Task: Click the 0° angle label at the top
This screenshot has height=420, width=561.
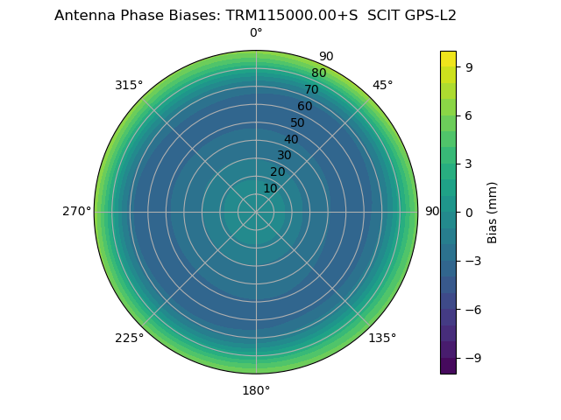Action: pos(256,33)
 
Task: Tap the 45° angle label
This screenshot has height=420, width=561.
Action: pos(382,85)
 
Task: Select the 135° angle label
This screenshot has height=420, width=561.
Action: pos(382,338)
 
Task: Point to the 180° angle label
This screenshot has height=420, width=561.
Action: pos(256,390)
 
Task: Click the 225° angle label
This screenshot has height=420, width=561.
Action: pos(129,338)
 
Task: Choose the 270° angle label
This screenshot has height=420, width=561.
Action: pos(76,212)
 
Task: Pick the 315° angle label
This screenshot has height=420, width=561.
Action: pos(129,85)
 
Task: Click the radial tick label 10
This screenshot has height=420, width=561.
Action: pos(270,188)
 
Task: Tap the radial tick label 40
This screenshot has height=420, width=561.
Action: pos(291,139)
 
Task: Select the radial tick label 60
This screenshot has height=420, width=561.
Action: pos(304,107)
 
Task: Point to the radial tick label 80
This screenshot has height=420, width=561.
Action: pos(318,73)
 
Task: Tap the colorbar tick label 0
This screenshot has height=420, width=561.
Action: pos(468,212)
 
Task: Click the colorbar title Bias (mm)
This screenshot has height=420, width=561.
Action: pos(493,212)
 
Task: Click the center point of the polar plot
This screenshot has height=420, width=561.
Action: pos(256,212)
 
